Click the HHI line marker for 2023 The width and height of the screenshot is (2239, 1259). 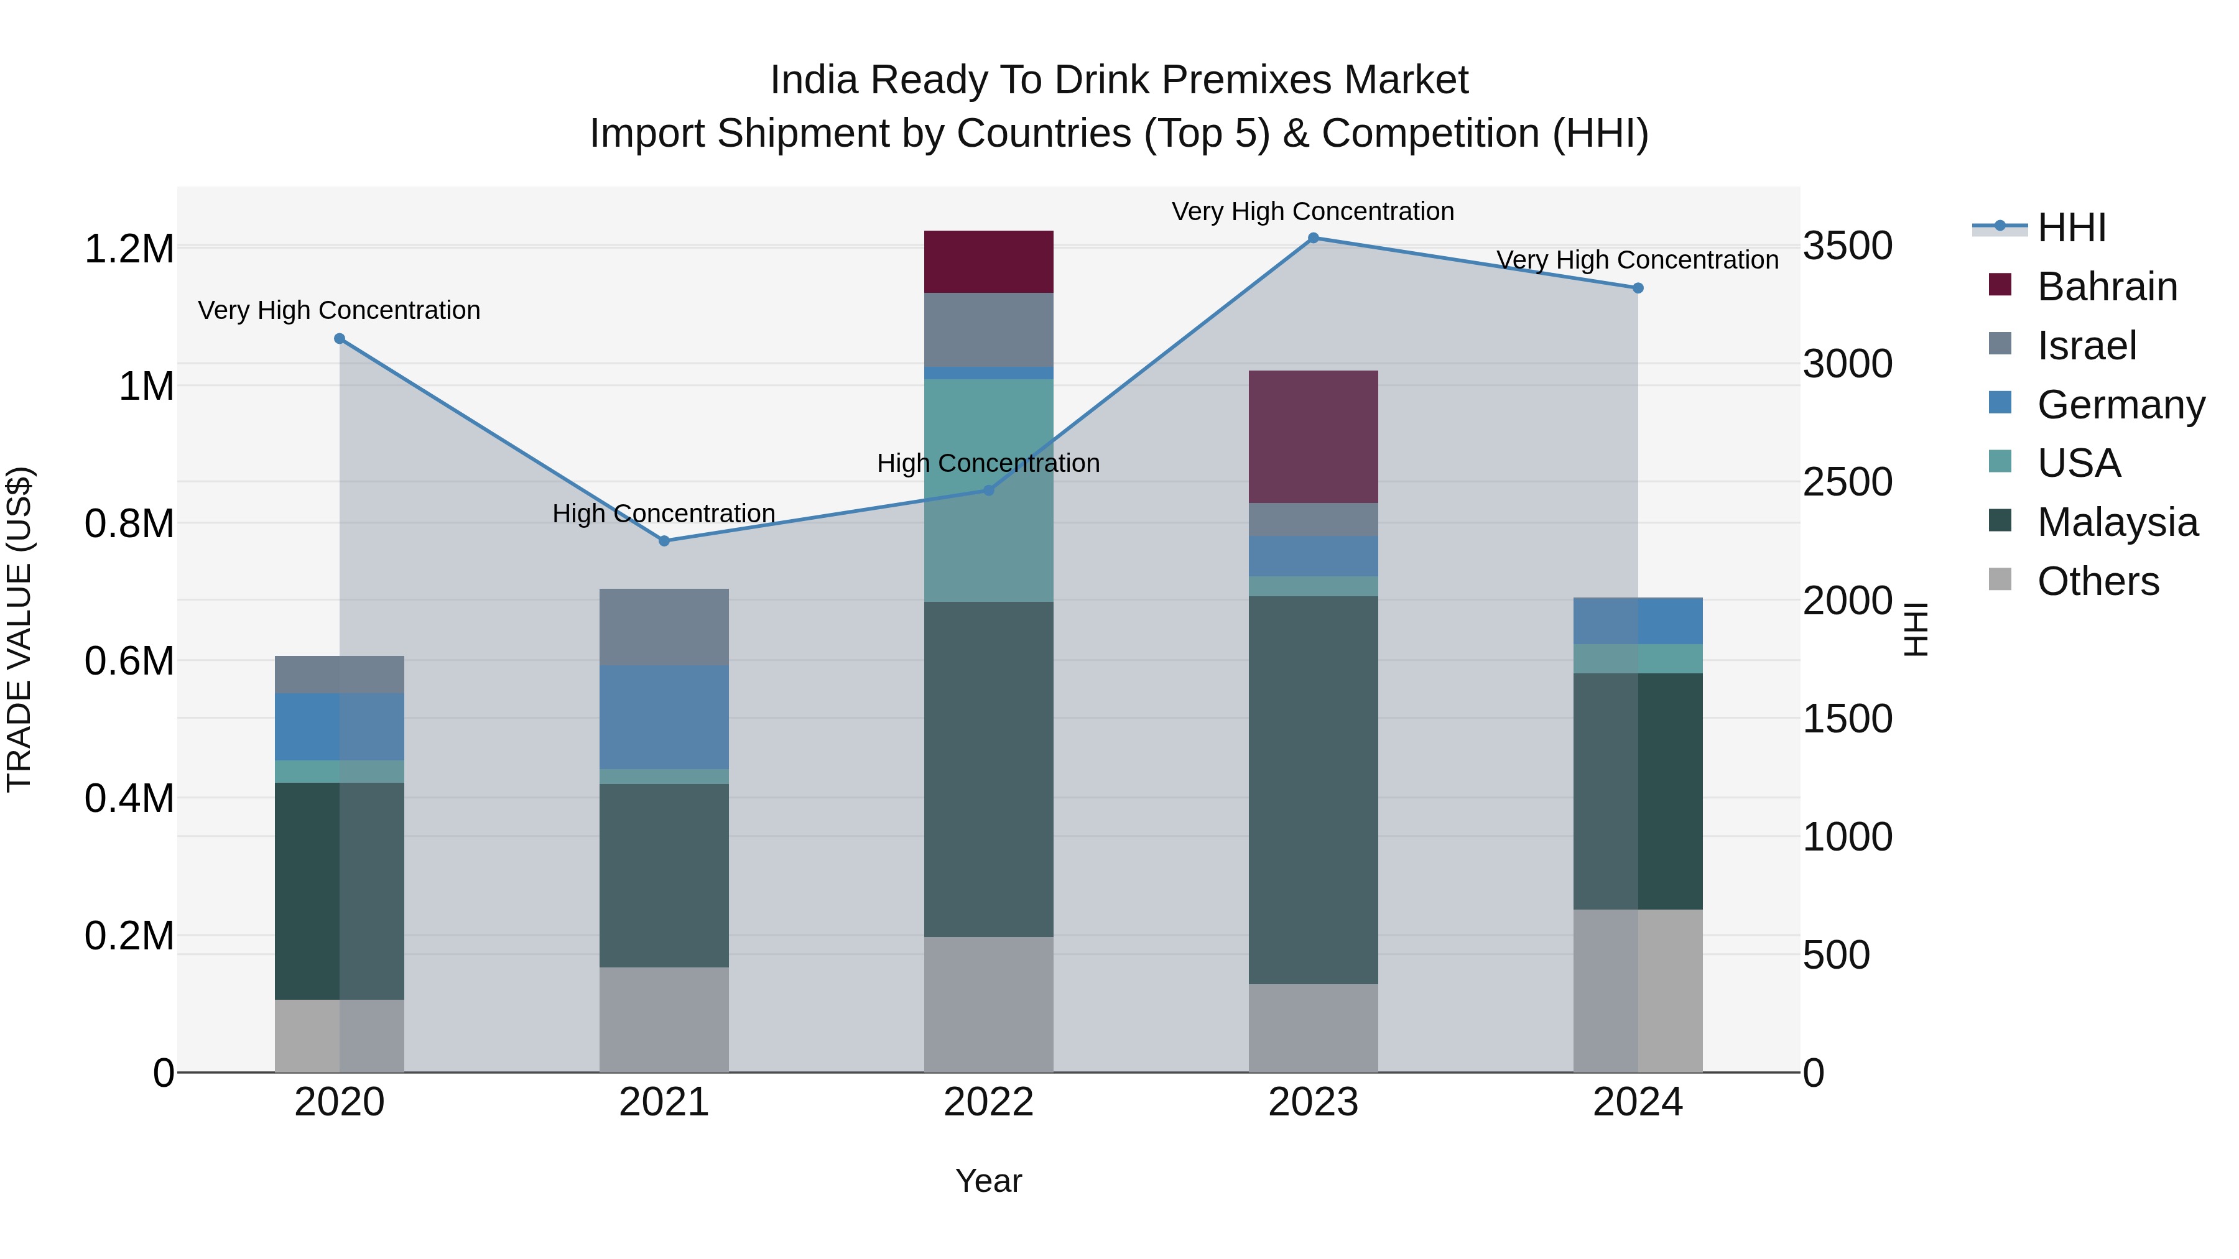(1314, 238)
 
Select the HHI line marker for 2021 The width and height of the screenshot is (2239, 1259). (664, 540)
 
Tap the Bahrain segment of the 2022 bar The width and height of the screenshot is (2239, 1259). (988, 262)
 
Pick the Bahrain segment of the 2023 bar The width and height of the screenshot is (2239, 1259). (1314, 436)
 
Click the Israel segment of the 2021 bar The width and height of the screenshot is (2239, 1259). (664, 627)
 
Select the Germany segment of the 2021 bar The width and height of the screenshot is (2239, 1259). (664, 717)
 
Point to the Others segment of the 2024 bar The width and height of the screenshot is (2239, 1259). (1638, 990)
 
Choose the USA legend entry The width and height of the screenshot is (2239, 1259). (2078, 463)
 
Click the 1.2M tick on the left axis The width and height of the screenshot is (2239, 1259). (129, 249)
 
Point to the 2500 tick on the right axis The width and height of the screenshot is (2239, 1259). (1847, 482)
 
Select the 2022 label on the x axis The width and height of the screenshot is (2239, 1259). (988, 1102)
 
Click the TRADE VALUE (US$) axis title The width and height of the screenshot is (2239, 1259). (19, 629)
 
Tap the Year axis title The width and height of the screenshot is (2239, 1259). (988, 1181)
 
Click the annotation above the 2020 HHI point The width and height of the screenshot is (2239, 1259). (339, 310)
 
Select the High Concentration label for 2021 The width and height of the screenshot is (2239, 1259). (664, 514)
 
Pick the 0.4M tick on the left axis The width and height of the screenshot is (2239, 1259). (129, 798)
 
